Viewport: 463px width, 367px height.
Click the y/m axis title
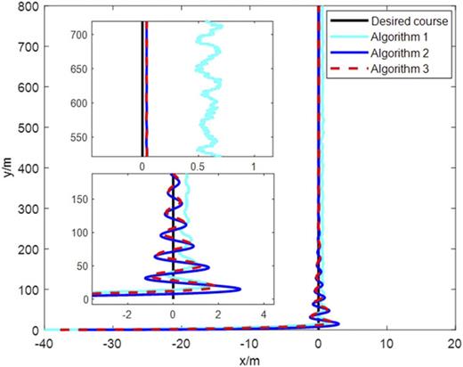pos(8,169)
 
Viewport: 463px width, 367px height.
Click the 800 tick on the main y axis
pos(27,7)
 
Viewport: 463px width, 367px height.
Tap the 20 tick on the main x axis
pos(454,343)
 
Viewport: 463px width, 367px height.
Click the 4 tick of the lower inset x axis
pos(264,314)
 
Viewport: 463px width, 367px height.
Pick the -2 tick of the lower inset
pos(128,314)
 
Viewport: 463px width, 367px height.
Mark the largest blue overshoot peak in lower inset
pos(239,288)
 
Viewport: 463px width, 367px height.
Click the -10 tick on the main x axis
pos(250,343)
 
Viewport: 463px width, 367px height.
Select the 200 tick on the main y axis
pos(27,249)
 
